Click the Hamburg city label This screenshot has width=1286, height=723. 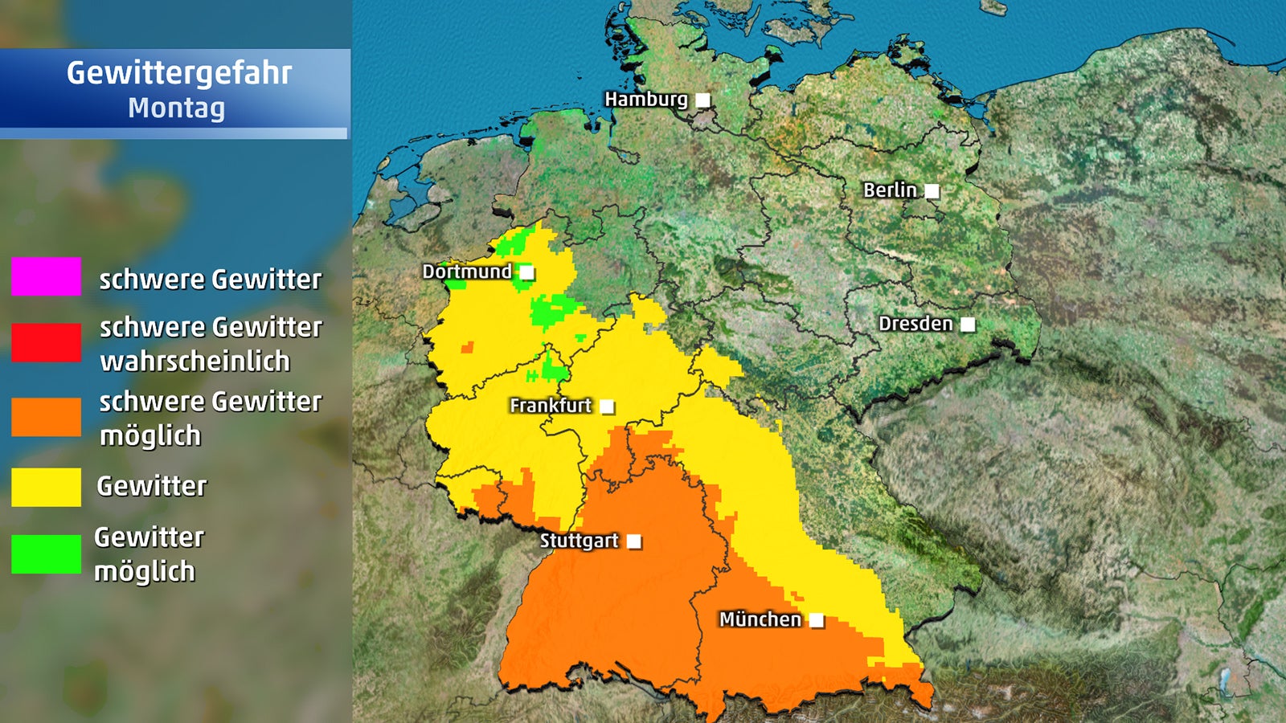coord(645,100)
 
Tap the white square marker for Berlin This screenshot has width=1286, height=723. coord(932,191)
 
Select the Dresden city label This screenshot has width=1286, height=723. coord(915,324)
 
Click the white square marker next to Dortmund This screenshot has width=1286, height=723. coord(526,272)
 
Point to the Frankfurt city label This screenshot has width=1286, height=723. coord(551,406)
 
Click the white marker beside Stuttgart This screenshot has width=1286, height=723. coord(634,541)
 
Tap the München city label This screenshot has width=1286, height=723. coord(760,619)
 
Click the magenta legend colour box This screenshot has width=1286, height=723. coord(46,276)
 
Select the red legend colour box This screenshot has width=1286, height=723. coord(46,342)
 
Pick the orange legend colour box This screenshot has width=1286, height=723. coord(46,417)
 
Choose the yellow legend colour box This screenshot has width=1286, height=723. coord(46,487)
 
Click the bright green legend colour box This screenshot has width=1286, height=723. coord(46,554)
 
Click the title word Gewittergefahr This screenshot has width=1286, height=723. coord(178,73)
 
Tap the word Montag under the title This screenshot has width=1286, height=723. coord(176,108)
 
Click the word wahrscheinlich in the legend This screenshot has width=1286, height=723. coord(195,361)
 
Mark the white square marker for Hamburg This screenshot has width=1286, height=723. coord(702,100)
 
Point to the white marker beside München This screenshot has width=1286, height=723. coord(817,620)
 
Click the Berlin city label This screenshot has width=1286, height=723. coord(889,190)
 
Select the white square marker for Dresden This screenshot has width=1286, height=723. coord(968,325)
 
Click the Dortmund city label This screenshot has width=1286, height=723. coord(466,272)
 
